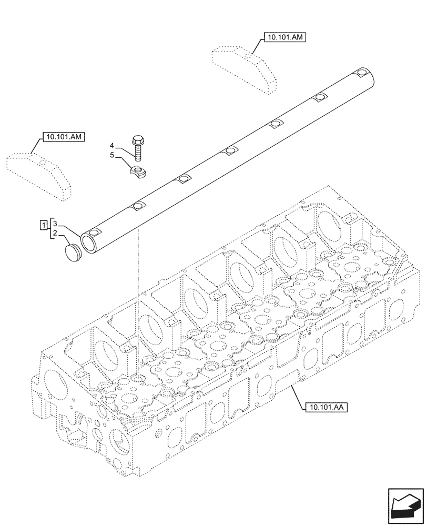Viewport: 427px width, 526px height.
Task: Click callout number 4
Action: click(112, 145)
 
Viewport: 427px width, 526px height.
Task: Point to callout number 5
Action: click(112, 155)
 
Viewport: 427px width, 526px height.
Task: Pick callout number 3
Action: click(55, 224)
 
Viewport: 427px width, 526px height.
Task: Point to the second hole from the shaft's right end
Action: click(319, 97)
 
